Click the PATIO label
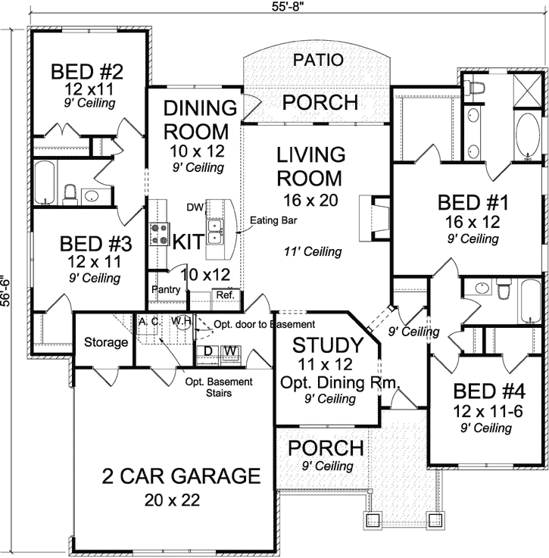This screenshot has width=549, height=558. coord(318,60)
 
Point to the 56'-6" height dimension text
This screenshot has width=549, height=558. coord(6,291)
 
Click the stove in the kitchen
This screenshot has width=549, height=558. coord(159,234)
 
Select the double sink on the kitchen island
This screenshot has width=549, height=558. coord(215,232)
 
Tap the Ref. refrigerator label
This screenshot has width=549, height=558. coord(226,295)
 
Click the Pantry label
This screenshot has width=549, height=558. coord(166,289)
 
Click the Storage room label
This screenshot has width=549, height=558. coord(106,342)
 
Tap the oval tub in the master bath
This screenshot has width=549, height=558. coord(528,136)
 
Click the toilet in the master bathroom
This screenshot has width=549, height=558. coord(476,88)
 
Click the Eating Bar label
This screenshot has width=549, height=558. coord(273,220)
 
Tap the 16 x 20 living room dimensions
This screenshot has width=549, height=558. coord(310,201)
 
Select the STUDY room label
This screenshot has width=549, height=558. coord(328,344)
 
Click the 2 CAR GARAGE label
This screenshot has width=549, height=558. coord(181,475)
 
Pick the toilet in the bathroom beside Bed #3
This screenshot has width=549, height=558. coord(70,195)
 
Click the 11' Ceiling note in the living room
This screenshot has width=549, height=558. coord(313,251)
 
